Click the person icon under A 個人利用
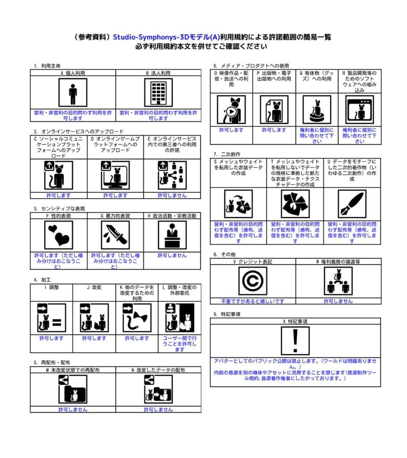[x=73, y=93]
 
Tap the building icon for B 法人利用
[x=158, y=93]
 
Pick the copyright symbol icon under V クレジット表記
[x=253, y=281]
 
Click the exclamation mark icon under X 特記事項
[x=295, y=341]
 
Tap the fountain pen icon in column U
[x=352, y=204]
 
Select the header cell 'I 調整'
[x=51, y=288]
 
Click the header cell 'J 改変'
[x=94, y=288]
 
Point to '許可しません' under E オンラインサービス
[x=172, y=195]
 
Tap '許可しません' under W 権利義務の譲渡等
[x=338, y=301]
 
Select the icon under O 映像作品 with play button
[x=231, y=110]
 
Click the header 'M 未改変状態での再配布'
[x=73, y=370]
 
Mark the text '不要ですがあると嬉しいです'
[x=253, y=301]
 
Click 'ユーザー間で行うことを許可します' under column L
[x=180, y=344]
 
